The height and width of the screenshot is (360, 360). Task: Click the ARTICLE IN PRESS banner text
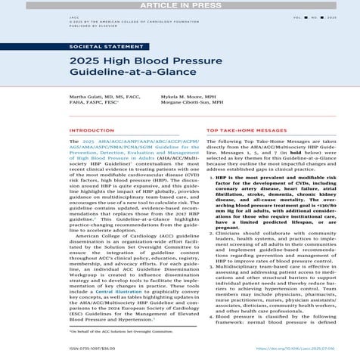pos(179,5)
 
